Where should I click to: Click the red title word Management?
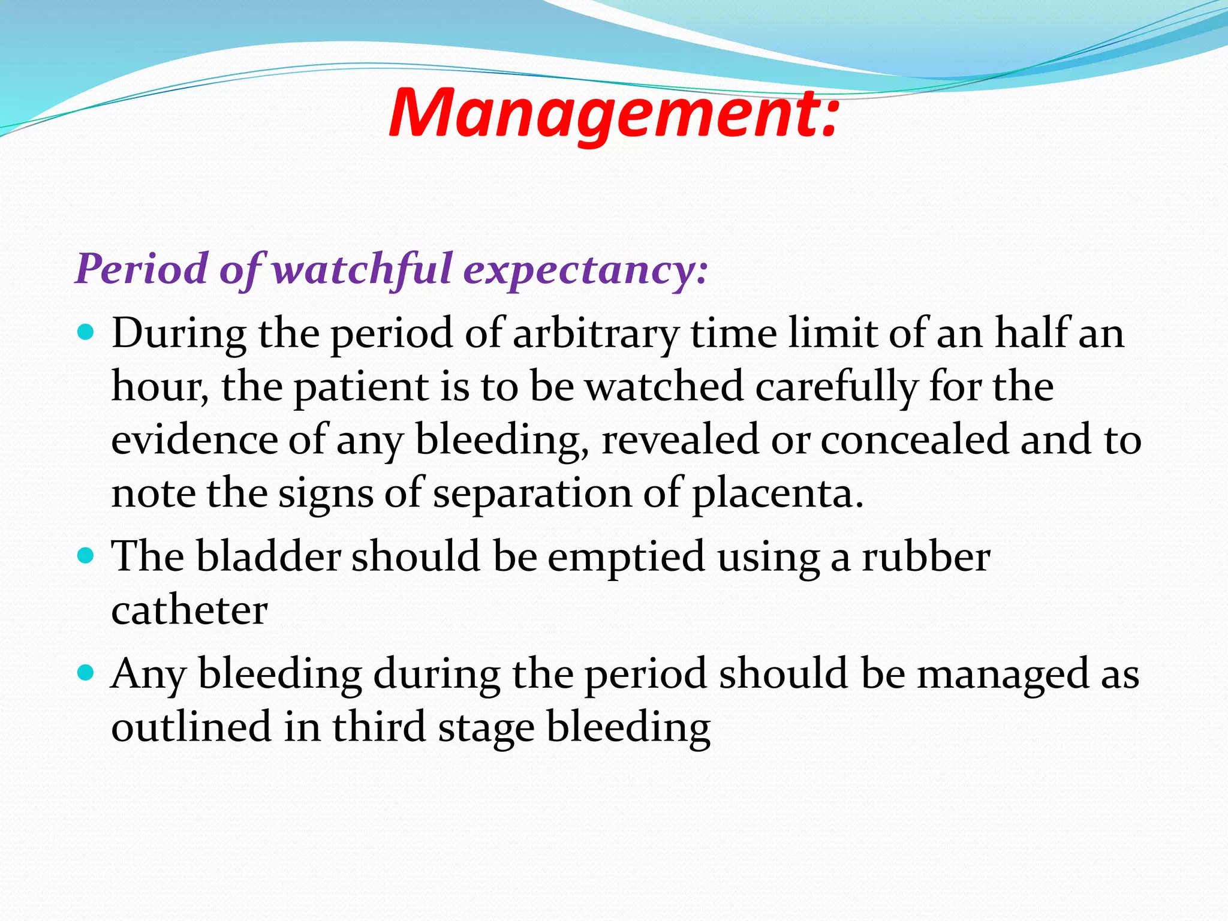pyautogui.click(x=612, y=114)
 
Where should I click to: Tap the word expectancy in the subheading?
pyautogui.click(x=585, y=269)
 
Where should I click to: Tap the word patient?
pyautogui.click(x=360, y=387)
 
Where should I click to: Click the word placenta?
pyautogui.click(x=777, y=494)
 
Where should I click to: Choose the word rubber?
pyautogui.click(x=926, y=556)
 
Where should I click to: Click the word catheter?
pyautogui.click(x=189, y=610)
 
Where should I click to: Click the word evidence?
pyautogui.click(x=194, y=440)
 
